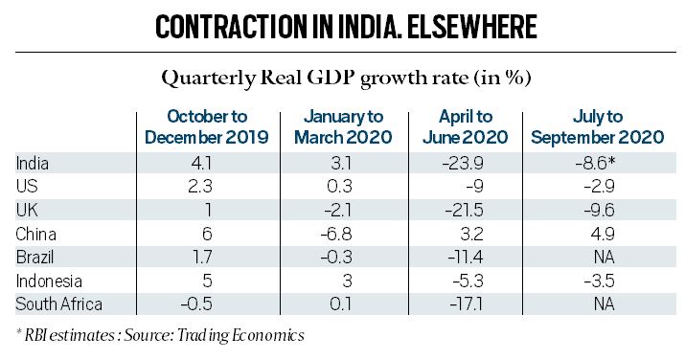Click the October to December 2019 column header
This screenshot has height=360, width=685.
(x=208, y=126)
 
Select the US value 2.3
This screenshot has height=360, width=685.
(x=208, y=188)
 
